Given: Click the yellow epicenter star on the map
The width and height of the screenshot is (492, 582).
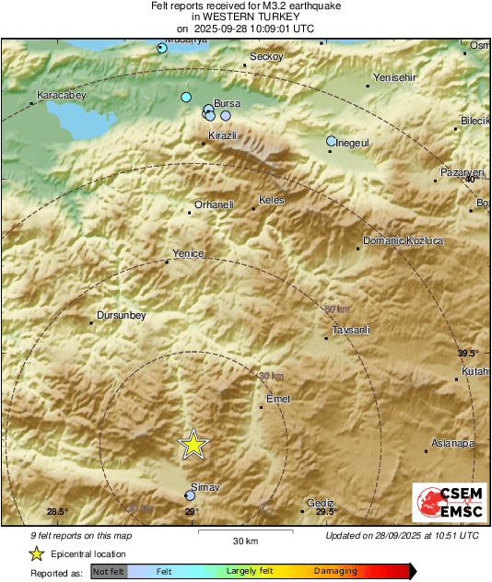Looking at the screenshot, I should click(x=193, y=444).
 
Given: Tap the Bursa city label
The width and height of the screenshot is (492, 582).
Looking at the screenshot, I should click(x=227, y=104).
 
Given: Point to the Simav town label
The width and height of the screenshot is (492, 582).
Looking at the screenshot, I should click(x=202, y=485).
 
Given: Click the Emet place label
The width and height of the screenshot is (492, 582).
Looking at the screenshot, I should click(x=277, y=399).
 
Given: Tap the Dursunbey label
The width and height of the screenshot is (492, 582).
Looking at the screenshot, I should click(x=122, y=316).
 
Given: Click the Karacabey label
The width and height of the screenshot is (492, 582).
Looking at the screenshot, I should click(x=60, y=95).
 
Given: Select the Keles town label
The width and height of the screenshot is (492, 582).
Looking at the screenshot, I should click(x=272, y=200).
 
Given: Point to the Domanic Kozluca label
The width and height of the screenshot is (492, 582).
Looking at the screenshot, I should click(x=404, y=240).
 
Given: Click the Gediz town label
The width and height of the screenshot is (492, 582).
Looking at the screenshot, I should click(x=321, y=502).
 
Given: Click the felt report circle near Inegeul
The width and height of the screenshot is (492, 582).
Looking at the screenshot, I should click(x=332, y=141).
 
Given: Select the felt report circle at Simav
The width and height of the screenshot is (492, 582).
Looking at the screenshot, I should click(x=190, y=495).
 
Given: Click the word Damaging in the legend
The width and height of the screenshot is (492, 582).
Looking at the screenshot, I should click(x=335, y=571).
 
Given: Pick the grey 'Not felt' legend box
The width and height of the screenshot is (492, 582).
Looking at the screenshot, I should click(x=109, y=572).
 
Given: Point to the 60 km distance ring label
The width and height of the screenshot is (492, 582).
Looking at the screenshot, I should click(x=337, y=308).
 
